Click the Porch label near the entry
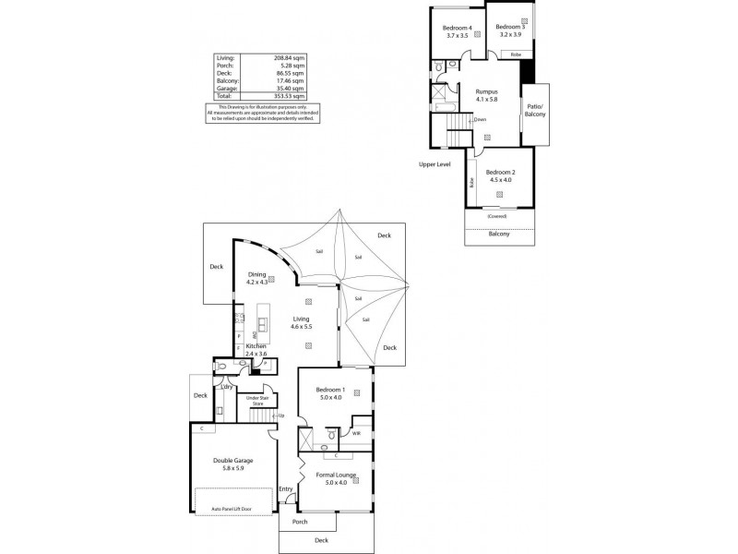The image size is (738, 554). pyautogui.click(x=300, y=522)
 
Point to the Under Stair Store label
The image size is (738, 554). pyautogui.click(x=253, y=402)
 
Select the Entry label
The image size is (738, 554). pyautogui.click(x=285, y=488)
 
